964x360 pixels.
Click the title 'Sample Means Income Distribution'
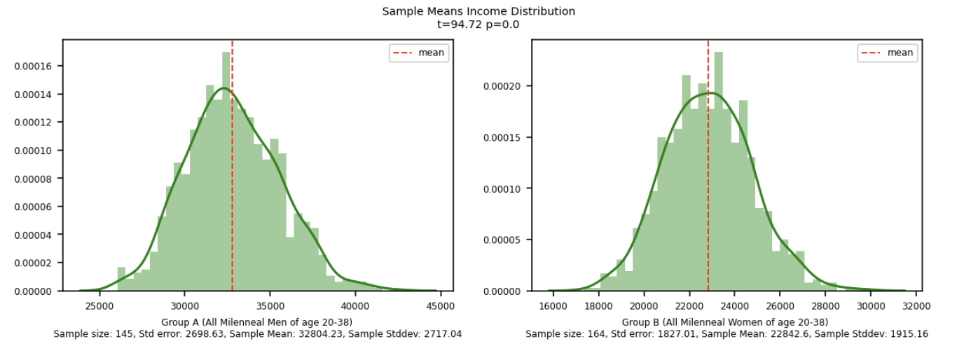click(x=478, y=11)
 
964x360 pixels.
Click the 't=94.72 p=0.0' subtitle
click(x=478, y=25)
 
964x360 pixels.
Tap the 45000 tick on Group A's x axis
click(x=440, y=305)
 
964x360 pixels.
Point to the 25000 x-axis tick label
click(x=99, y=305)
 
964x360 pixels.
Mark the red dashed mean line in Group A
click(x=233, y=175)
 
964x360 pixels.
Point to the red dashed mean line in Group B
click(x=708, y=175)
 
